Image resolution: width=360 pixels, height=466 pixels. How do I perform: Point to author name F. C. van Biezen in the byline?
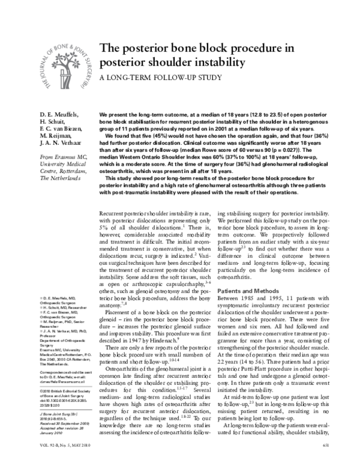click(64, 132)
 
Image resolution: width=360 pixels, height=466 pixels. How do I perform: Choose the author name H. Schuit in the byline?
click(53, 123)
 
